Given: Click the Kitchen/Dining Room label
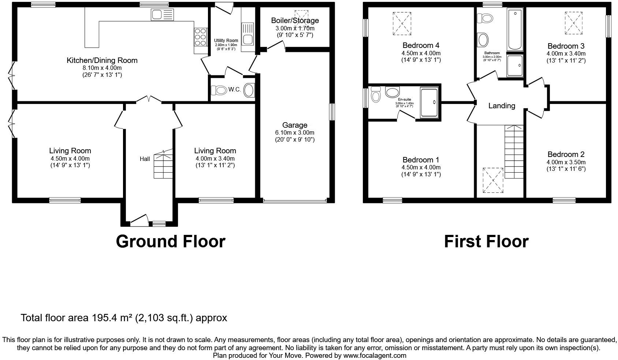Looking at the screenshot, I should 102,60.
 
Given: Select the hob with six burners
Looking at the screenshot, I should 200,37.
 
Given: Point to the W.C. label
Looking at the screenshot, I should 234,90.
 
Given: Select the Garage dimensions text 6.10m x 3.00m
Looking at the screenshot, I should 295,132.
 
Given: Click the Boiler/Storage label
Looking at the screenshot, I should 295,20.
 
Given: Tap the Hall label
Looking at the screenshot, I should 145,159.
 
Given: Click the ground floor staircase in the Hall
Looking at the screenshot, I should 163,165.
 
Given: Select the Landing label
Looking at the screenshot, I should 502,106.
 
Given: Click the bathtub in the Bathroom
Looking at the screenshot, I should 515,30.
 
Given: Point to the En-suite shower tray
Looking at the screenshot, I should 429,102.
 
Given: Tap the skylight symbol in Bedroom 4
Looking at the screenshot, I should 402,24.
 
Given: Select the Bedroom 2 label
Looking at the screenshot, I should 566,154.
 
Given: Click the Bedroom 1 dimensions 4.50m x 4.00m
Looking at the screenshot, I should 421,167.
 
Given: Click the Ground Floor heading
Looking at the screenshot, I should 170,241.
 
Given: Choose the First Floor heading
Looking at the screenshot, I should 486,241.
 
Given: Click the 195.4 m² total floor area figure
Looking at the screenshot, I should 111,318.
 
